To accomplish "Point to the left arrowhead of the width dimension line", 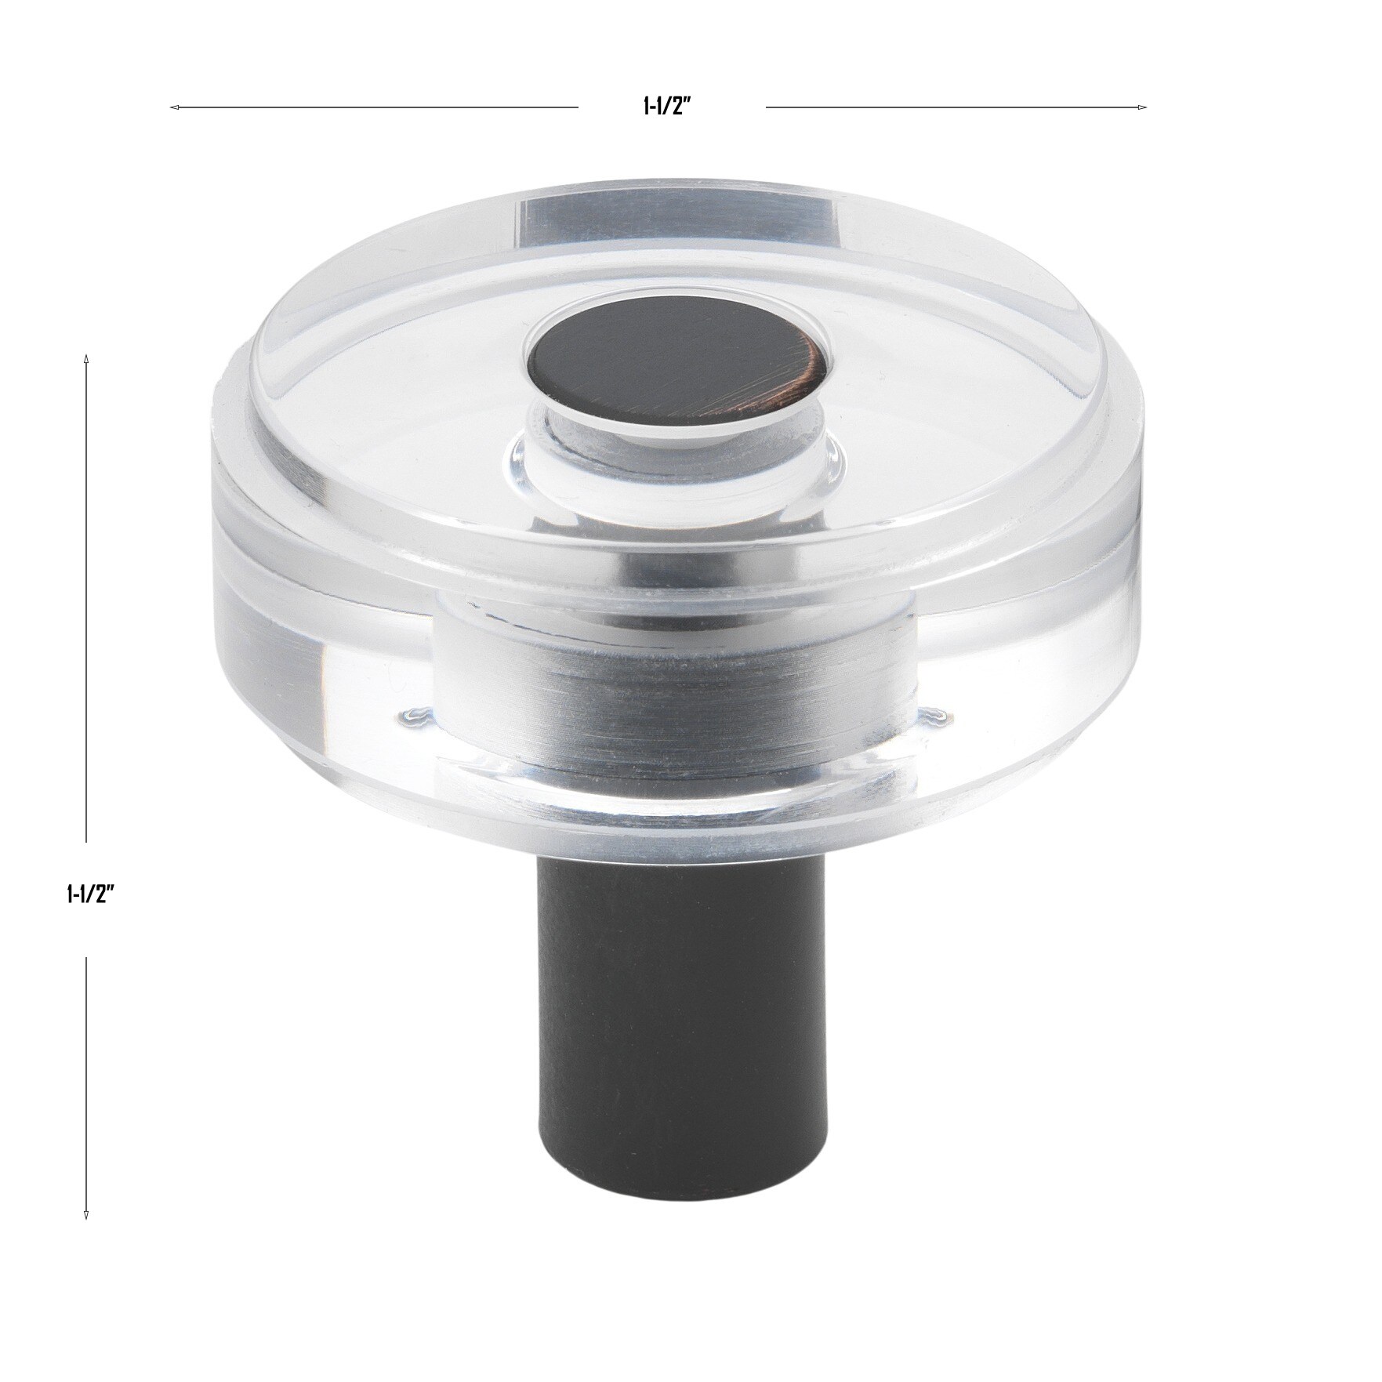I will point(173,107).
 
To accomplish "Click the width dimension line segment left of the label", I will point(376,107).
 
